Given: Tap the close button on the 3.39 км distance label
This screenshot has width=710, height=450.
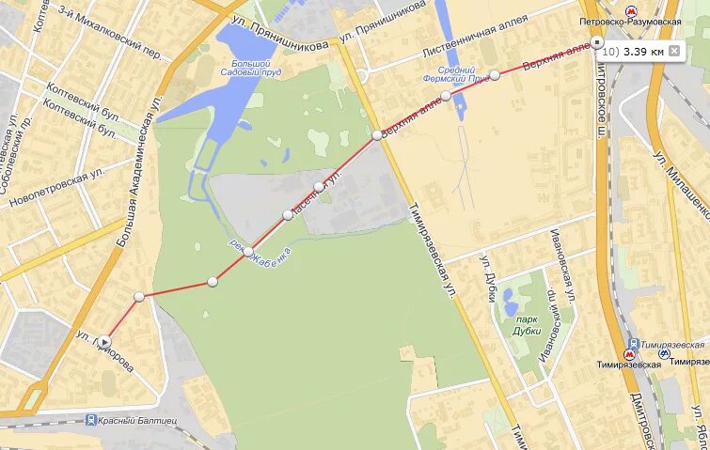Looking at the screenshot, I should click(673, 51).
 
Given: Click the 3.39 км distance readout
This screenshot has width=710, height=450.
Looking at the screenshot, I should click(643, 51).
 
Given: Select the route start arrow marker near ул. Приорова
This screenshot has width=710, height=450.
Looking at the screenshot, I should click(105, 341).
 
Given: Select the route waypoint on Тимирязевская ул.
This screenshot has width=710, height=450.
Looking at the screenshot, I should click(376, 135).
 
